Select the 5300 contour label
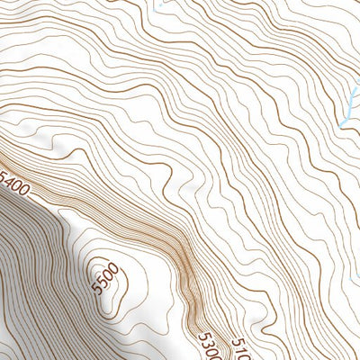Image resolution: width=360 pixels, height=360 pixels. point(209,346)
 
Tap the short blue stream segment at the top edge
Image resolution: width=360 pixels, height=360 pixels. point(158,5)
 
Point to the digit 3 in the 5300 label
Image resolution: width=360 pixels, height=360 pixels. point(206,342)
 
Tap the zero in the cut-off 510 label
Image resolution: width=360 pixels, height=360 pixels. point(244,354)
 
